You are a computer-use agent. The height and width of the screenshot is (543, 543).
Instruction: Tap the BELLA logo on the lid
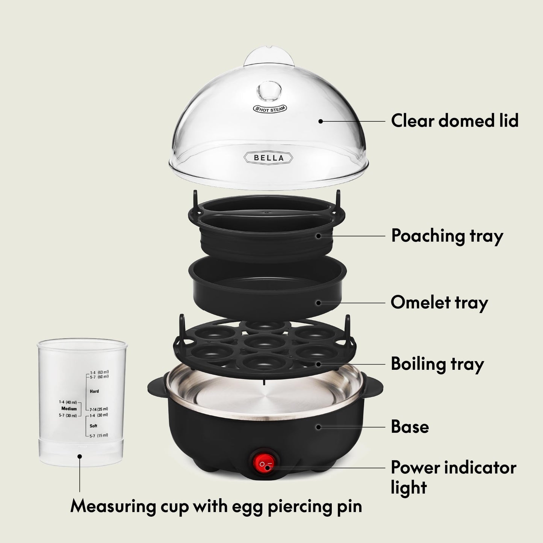click(269, 158)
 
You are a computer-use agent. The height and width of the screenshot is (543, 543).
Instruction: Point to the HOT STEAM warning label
click(269, 108)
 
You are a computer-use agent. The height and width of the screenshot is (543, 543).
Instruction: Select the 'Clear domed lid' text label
click(455, 121)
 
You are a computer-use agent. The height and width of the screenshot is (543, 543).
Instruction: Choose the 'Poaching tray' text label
click(447, 236)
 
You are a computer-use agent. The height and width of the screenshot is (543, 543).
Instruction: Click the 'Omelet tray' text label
click(439, 303)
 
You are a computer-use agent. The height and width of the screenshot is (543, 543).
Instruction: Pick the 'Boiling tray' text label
click(437, 364)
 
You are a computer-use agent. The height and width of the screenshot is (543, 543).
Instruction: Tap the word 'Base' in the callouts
click(410, 427)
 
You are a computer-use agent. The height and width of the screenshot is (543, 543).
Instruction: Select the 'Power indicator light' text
click(453, 477)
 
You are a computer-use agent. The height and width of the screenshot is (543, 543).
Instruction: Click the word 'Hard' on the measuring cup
click(94, 391)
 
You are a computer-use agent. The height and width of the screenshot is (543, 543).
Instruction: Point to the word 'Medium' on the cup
click(69, 408)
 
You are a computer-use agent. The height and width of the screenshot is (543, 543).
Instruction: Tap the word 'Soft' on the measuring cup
click(94, 426)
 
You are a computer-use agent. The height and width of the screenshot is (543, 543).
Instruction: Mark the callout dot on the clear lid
click(321, 121)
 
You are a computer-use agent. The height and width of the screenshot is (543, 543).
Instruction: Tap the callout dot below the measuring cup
click(79, 456)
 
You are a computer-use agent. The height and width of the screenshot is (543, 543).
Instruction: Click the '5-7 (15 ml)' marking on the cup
click(98, 435)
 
